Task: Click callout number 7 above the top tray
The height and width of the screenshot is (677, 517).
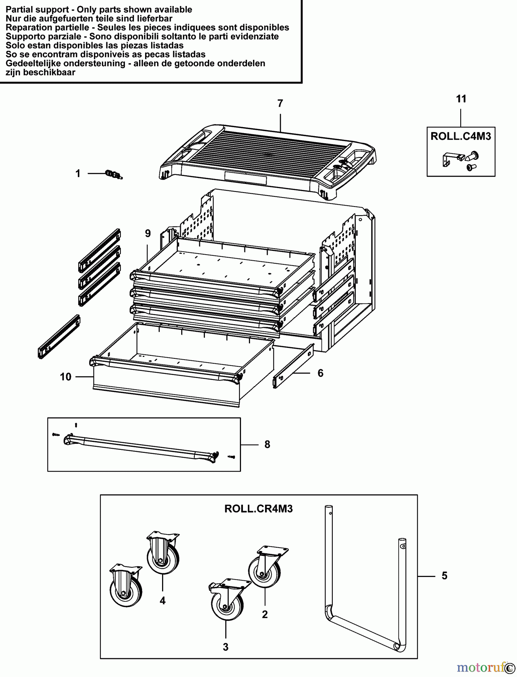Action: coord(280,103)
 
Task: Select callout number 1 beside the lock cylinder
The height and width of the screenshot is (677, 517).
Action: coord(78,173)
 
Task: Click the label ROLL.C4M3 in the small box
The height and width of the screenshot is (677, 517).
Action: coord(461,136)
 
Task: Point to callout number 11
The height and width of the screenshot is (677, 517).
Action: coord(461,99)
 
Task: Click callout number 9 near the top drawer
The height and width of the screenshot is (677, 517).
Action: coord(148,234)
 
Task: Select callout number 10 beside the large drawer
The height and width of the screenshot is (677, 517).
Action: coord(65,376)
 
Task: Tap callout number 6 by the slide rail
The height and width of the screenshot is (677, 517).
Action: coord(320,373)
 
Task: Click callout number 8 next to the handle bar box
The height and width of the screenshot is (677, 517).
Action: coord(267,445)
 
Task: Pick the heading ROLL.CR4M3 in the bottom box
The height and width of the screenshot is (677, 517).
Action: coord(258,509)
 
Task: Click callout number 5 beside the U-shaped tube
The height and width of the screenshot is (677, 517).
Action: coord(444,576)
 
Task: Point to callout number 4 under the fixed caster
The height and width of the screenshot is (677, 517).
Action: coord(162,601)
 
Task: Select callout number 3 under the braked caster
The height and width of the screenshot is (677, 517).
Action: coord(226,647)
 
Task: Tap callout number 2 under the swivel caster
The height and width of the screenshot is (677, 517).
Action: coord(265,614)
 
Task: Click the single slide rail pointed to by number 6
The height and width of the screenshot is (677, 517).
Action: coord(293,366)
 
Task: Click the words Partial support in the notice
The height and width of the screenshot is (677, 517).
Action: coord(37,10)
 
